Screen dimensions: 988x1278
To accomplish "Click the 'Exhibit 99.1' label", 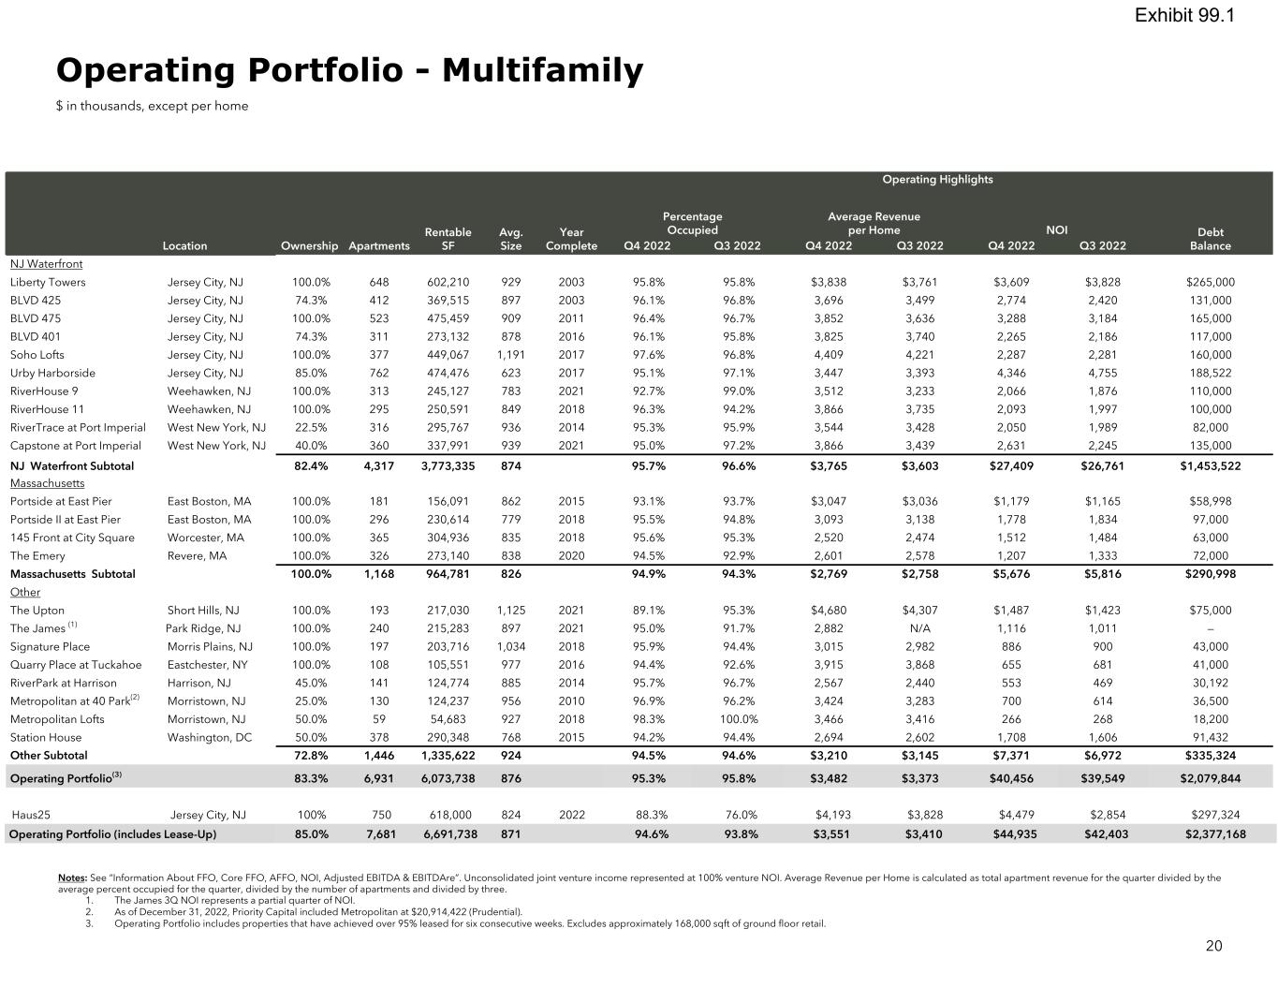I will pos(1183,15).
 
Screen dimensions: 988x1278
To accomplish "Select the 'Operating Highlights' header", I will pos(937,179).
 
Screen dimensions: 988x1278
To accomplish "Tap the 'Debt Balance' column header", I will pos(1210,239).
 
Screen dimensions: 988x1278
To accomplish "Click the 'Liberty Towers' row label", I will pos(48,282).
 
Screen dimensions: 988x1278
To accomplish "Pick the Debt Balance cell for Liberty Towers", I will pos(1210,282).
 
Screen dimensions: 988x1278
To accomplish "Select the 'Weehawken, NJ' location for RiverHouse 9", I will pos(209,391).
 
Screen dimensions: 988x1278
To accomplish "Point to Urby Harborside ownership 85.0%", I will pos(311,373).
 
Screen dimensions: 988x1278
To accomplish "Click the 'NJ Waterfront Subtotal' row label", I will pos(72,465).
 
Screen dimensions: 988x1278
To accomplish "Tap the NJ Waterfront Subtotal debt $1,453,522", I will pos(1210,465).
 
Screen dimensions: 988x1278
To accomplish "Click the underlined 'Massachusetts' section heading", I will pos(47,483).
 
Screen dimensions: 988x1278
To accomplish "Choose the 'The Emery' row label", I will pos(37,555).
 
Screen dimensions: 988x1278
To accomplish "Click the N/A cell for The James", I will pos(919,628).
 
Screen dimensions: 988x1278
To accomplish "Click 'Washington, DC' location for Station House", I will pos(209,737).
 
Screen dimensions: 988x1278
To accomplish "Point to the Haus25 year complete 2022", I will pos(571,815).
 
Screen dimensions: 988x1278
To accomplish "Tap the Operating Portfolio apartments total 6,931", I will pos(378,778).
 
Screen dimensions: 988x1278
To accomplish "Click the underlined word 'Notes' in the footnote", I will pos(72,877).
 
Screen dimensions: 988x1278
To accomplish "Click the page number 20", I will pos(1213,946).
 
